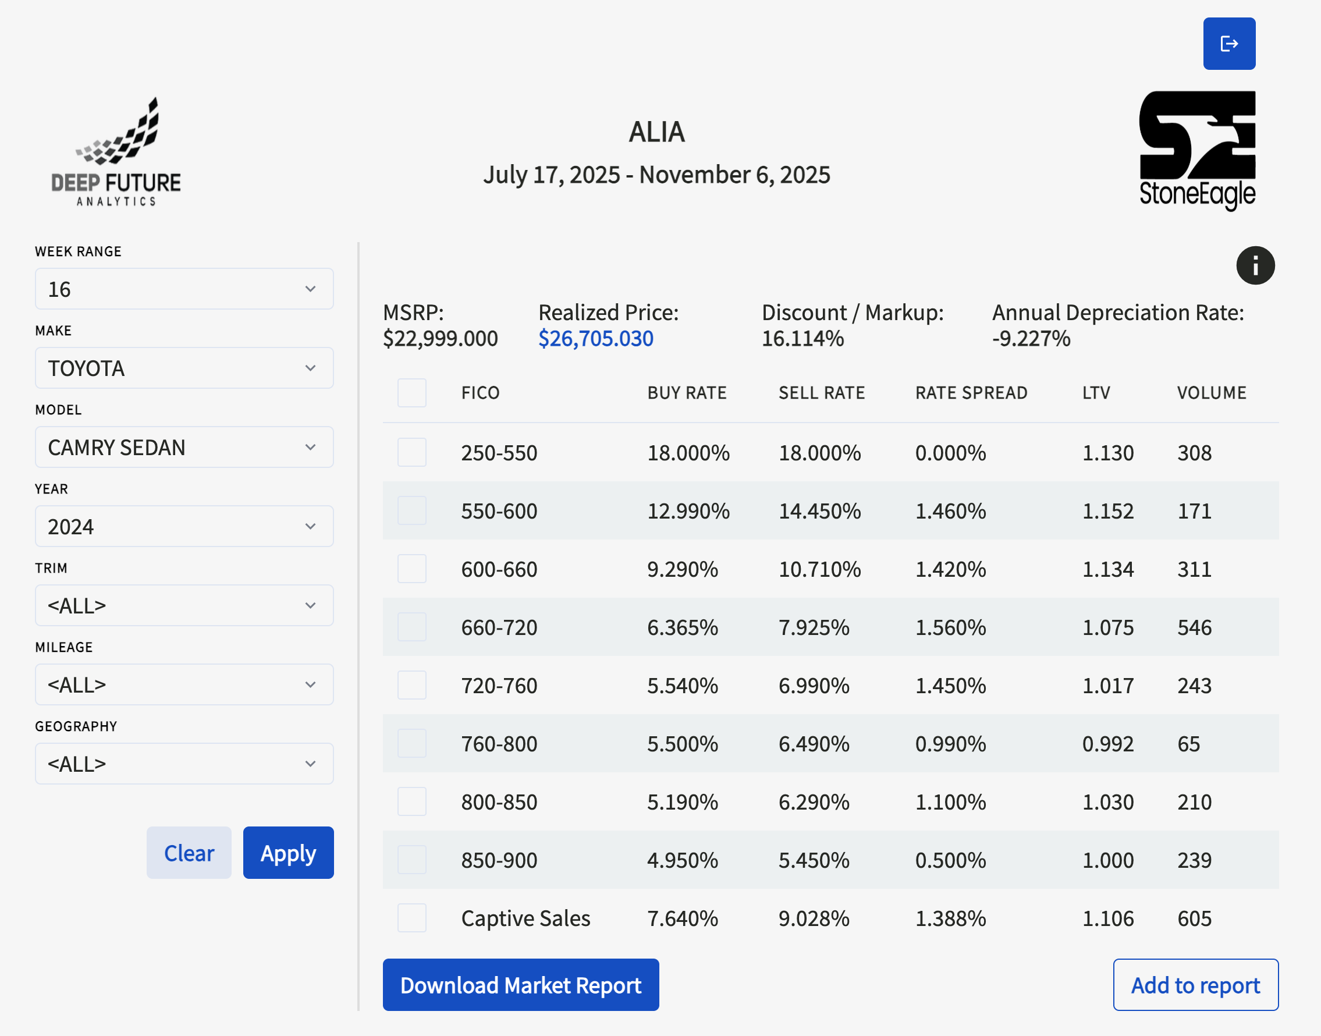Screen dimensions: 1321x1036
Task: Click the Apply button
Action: tap(288, 852)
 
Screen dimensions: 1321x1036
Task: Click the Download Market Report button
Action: tap(520, 984)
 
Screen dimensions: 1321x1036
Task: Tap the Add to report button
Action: tap(1195, 984)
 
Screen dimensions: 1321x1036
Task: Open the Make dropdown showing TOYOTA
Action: tap(184, 368)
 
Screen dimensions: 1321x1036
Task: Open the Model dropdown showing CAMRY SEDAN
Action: tap(184, 447)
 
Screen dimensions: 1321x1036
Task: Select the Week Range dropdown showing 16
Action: tap(184, 289)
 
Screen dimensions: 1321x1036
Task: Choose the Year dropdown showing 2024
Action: tap(184, 526)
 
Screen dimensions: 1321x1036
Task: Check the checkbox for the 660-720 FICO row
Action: tap(412, 627)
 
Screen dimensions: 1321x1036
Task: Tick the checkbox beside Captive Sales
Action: tap(412, 918)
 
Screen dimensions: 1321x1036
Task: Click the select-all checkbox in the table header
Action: tap(412, 392)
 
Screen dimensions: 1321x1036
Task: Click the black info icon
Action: tap(1255, 265)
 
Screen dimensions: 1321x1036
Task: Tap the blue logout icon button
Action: tap(1230, 44)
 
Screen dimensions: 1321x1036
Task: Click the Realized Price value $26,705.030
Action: tap(595, 338)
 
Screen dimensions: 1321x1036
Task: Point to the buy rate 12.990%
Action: tap(688, 510)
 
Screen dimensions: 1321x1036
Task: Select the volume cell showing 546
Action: tap(1194, 627)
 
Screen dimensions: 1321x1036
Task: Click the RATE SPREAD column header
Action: tap(971, 392)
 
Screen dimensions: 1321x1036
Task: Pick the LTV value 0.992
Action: tap(1107, 744)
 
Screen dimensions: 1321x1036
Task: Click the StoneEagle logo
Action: tap(1197, 150)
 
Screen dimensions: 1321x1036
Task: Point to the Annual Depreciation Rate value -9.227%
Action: tap(1031, 338)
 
